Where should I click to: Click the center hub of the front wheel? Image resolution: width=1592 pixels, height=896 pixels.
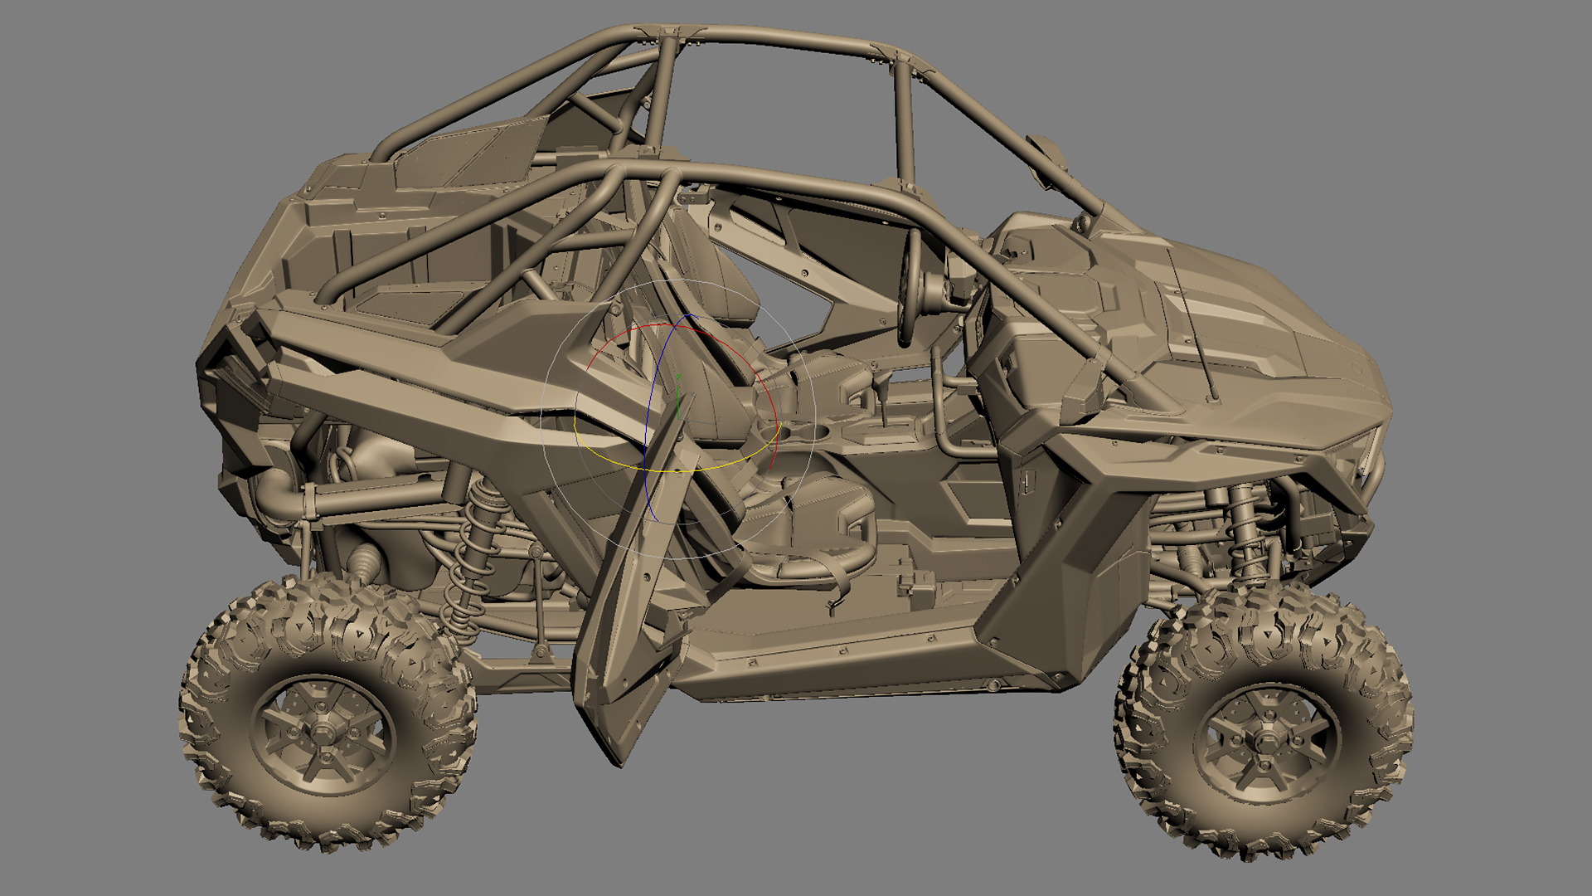point(1266,739)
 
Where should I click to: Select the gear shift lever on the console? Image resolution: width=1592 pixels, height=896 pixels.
point(881,386)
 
